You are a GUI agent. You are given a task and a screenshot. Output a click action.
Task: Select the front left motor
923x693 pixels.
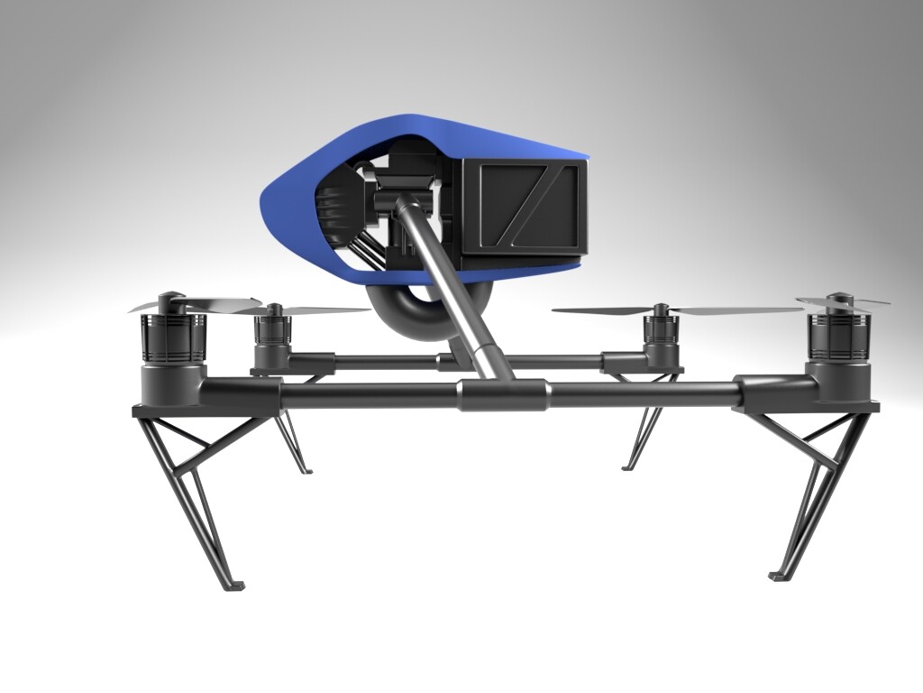174,336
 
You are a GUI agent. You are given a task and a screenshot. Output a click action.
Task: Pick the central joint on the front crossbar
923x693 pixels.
503,395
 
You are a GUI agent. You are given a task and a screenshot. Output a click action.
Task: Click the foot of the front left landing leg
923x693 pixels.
233,587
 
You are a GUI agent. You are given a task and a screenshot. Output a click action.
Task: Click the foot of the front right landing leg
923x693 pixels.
777,575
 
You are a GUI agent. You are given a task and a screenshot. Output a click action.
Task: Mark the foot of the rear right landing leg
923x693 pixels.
629,467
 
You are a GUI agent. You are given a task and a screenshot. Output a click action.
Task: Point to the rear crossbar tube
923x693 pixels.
388,362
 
